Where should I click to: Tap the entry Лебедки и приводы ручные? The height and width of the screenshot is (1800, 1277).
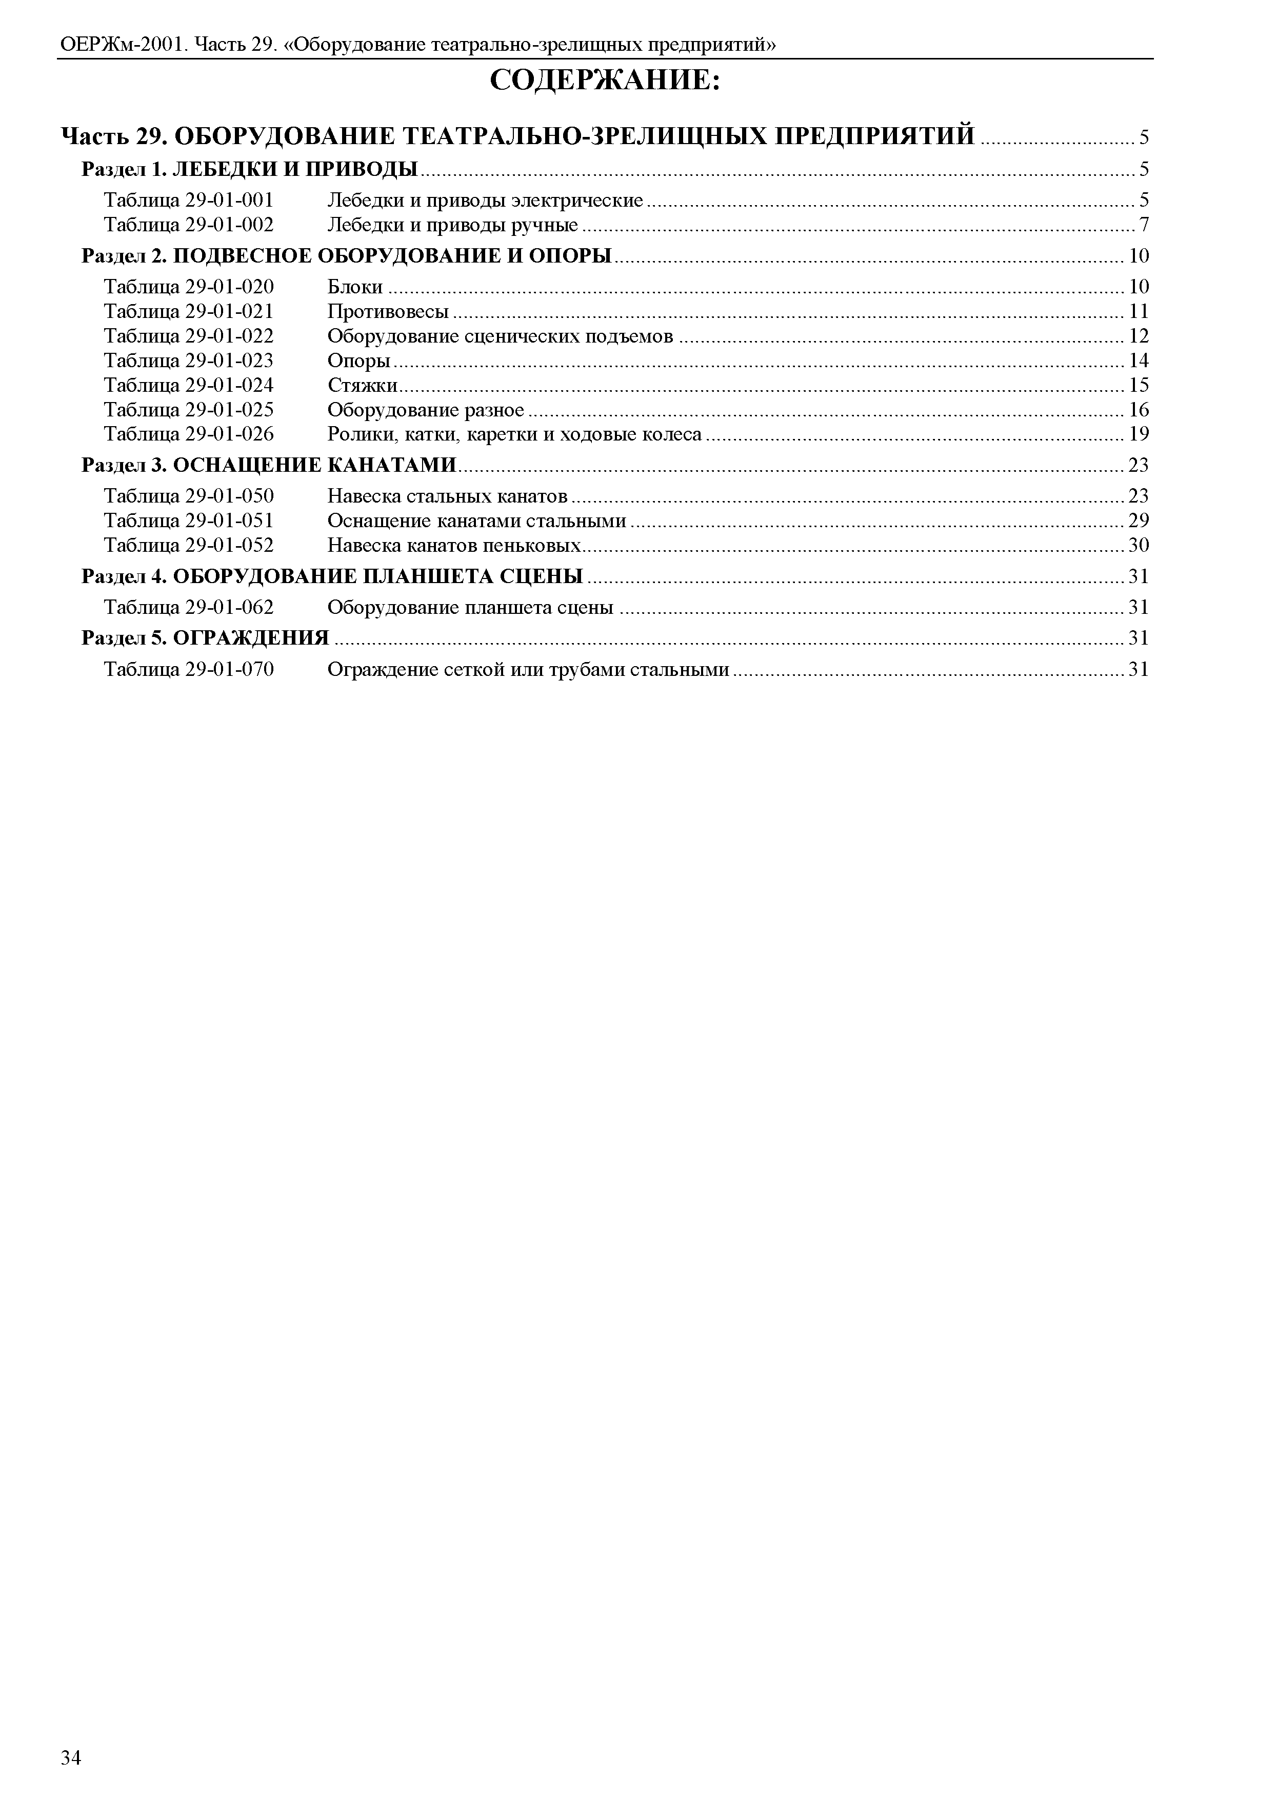coord(452,226)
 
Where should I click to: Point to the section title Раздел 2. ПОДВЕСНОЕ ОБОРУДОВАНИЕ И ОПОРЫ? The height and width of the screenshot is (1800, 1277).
coord(347,255)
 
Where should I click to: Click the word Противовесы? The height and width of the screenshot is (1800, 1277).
coord(388,311)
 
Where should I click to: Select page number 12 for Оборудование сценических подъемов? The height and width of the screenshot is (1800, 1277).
coord(1139,336)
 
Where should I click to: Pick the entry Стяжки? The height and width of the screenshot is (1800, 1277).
coord(362,385)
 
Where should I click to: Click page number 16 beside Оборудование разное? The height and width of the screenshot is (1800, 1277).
coord(1139,410)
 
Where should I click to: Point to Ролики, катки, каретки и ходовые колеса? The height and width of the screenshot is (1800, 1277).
coord(514,434)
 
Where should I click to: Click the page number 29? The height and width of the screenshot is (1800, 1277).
coord(1139,521)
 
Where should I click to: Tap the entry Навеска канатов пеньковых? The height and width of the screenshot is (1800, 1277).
coord(454,545)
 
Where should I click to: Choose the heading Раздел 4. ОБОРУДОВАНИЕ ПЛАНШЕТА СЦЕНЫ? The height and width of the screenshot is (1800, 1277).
coord(333,576)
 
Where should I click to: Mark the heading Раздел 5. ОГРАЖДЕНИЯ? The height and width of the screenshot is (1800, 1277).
coord(205,638)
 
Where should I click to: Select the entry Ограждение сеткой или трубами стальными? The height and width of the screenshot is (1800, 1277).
coord(528,669)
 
